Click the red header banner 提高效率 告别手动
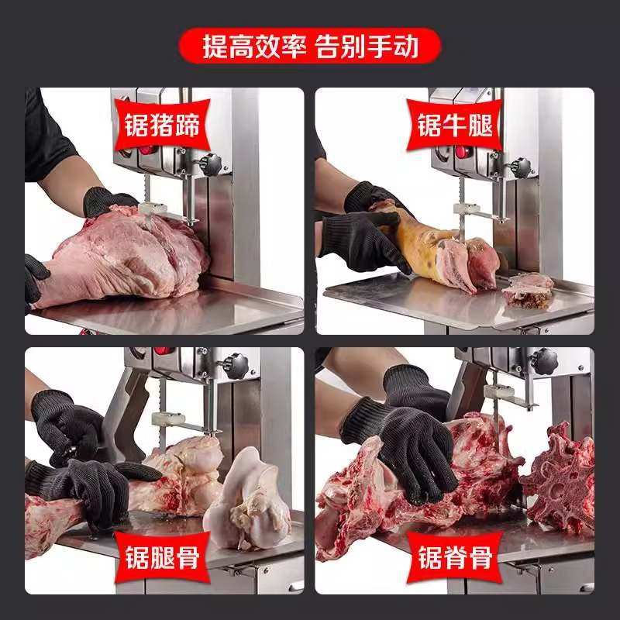pos(310,45)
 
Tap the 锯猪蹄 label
pos(159,125)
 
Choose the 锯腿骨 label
pos(159,556)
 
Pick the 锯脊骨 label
pos(454,556)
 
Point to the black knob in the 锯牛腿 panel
pos(522,167)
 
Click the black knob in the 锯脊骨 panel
pos(545,360)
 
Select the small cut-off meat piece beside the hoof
pos(528,290)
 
